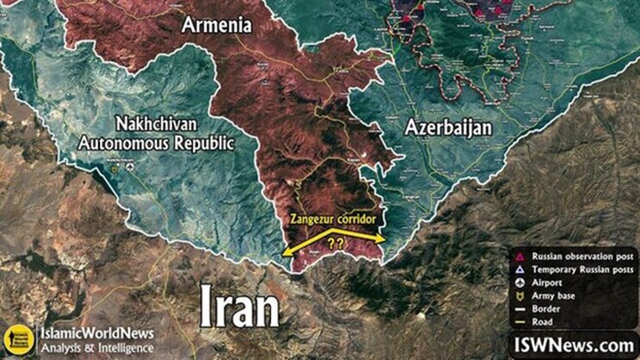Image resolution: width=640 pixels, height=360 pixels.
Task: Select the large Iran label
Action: coord(240,306)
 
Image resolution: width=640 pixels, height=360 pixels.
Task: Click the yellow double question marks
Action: coord(335,244)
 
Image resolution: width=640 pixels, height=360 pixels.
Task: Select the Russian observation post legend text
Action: coord(578,257)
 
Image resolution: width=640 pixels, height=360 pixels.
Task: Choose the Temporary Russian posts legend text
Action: coord(577,270)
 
